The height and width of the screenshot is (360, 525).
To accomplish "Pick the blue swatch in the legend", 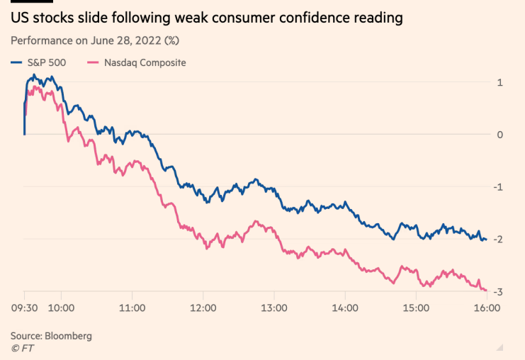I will [x=17, y=62].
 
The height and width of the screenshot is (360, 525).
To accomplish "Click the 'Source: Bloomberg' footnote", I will [x=51, y=335].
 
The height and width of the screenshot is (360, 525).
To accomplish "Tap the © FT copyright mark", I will [x=23, y=348].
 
